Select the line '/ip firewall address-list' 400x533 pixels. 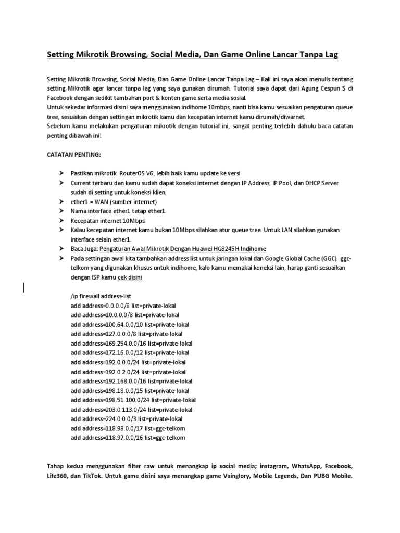tap(105, 296)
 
